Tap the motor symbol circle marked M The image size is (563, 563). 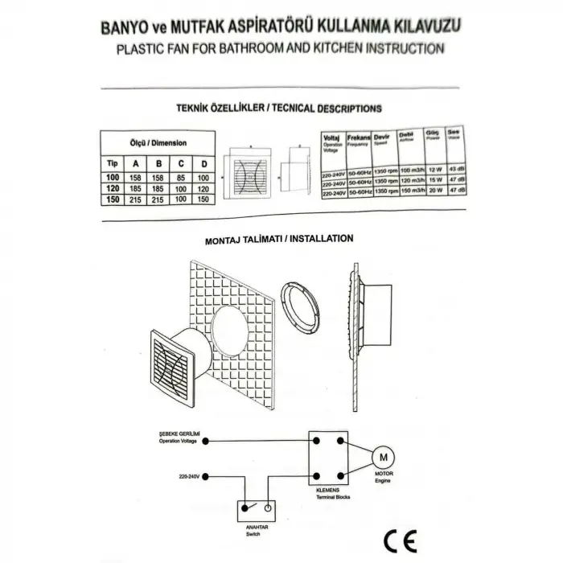pos(383,458)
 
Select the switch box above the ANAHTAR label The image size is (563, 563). pos(256,509)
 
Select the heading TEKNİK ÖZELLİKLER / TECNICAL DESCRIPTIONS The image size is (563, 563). pos(278,107)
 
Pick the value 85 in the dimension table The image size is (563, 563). pos(182,176)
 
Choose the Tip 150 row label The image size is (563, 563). pos(113,199)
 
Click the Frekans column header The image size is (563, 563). pos(358,139)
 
